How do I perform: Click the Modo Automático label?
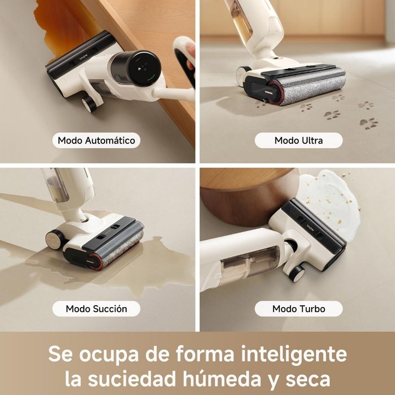click(x=96, y=140)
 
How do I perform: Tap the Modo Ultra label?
click(x=299, y=140)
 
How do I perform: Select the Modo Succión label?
click(x=96, y=309)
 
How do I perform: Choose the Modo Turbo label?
click(x=299, y=309)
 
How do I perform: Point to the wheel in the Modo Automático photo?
click(x=89, y=104)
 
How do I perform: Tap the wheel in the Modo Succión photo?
click(x=55, y=239)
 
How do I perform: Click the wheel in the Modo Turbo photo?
click(x=297, y=274)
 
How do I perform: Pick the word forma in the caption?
click(x=205, y=354)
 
